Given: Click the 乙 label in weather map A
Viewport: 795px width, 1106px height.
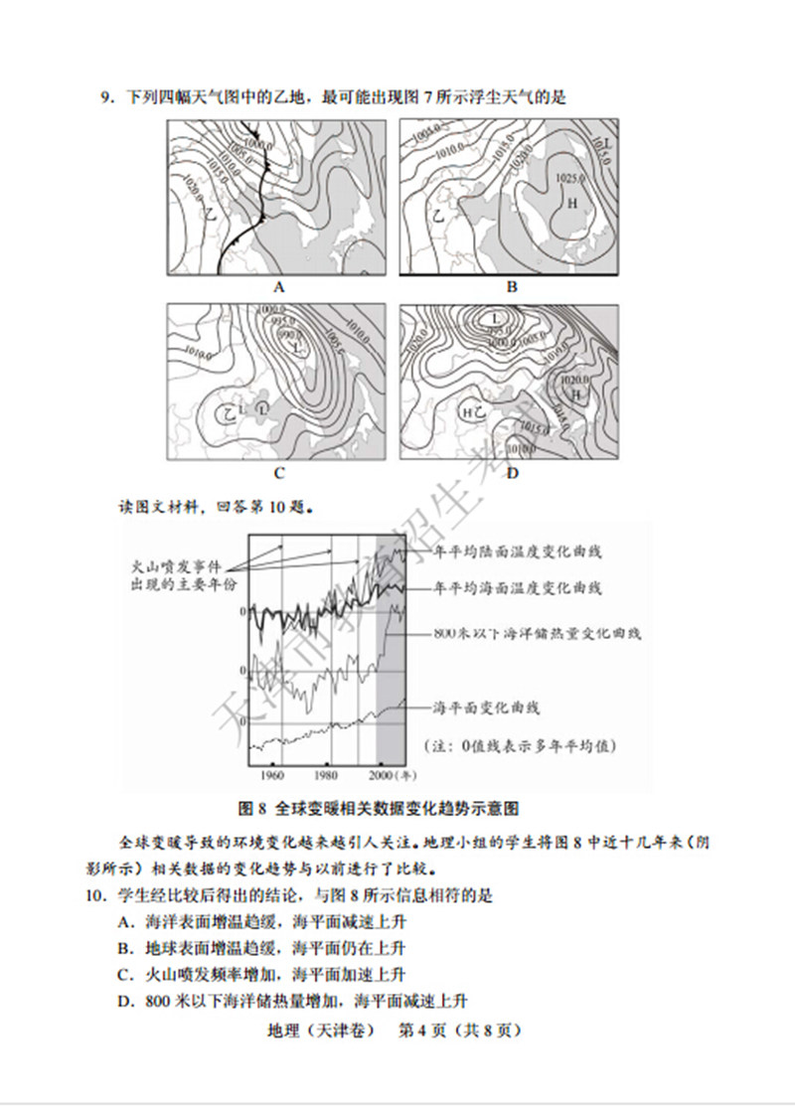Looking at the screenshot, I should (210, 213).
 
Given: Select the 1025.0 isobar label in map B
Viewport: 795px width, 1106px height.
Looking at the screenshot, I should (567, 178).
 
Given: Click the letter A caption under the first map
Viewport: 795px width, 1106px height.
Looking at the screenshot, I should (279, 287).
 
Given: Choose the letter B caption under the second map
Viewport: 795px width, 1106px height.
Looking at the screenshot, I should (512, 287).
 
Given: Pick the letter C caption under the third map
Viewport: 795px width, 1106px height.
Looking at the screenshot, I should (279, 473).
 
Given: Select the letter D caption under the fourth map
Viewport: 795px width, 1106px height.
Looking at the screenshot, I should (512, 473).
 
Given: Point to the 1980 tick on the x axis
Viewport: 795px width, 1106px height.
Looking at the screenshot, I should (325, 774).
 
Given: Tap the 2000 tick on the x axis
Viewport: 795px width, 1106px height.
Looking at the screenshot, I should (381, 774).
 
